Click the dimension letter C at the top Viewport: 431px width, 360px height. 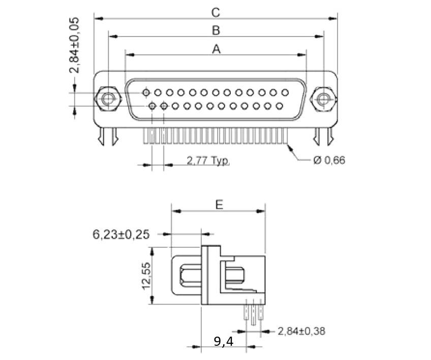click(216, 11)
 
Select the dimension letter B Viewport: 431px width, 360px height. click(216, 30)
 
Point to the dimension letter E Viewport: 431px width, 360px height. click(219, 205)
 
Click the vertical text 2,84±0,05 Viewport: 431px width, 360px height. click(75, 45)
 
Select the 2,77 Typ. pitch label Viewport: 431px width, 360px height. click(208, 161)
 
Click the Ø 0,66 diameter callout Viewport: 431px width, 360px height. click(329, 160)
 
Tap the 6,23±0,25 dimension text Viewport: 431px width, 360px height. click(121, 234)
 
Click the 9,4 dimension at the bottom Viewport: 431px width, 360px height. click(223, 342)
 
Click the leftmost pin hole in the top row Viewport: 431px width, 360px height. click(146, 93)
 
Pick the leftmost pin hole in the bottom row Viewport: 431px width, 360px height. click(152, 106)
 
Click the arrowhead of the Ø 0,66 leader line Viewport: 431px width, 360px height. click(290, 147)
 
